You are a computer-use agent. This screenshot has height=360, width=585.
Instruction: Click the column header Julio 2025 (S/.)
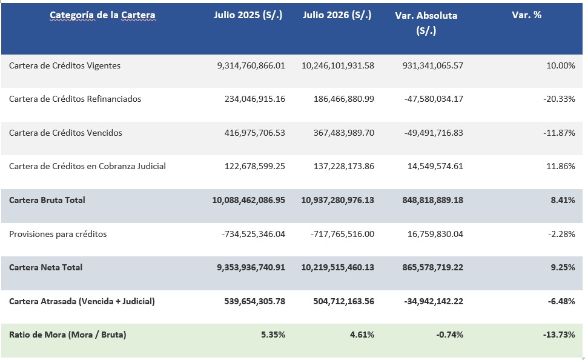pyautogui.click(x=248, y=15)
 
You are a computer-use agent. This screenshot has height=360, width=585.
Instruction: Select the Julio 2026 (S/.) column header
pyautogui.click(x=337, y=15)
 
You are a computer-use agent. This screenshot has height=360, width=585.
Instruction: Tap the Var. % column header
pyautogui.click(x=526, y=15)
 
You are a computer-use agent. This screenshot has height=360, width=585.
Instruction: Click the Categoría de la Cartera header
pyautogui.click(x=102, y=15)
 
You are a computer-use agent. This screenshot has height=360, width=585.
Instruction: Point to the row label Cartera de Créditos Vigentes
pyautogui.click(x=65, y=65)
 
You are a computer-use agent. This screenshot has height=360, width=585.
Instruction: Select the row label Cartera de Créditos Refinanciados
pyautogui.click(x=75, y=99)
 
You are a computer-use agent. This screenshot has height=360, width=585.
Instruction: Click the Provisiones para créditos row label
pyautogui.click(x=58, y=234)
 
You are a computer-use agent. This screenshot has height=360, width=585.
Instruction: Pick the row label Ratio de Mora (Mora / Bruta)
pyautogui.click(x=68, y=335)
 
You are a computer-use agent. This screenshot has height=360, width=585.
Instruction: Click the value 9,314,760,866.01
pyautogui.click(x=251, y=65)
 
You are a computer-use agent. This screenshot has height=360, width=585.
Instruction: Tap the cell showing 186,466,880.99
pyautogui.click(x=343, y=99)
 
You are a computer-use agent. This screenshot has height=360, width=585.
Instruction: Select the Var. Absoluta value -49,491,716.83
pyautogui.click(x=434, y=133)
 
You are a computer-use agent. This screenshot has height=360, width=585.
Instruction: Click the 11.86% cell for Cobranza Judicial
pyautogui.click(x=560, y=166)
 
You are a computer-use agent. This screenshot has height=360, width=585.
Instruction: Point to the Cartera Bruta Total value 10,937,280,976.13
pyautogui.click(x=338, y=200)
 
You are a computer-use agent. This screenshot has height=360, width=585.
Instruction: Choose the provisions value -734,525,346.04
pyautogui.click(x=253, y=234)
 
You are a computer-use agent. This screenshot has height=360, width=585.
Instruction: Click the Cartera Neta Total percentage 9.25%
pyautogui.click(x=563, y=267)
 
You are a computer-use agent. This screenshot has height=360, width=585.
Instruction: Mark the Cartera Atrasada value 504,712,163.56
pyautogui.click(x=343, y=301)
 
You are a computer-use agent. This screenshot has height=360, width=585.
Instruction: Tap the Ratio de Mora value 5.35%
pyautogui.click(x=273, y=335)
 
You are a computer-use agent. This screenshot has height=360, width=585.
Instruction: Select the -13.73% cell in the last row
pyautogui.click(x=559, y=335)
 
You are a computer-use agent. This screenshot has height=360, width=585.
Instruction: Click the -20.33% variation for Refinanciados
pyautogui.click(x=559, y=99)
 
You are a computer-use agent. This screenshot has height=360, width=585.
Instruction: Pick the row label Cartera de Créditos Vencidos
pyautogui.click(x=65, y=133)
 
